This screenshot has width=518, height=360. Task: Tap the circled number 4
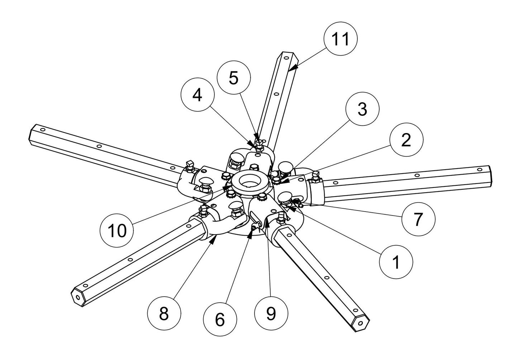[197, 95]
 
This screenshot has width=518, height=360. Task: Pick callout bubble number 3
[362, 109]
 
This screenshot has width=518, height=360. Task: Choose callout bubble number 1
[396, 262]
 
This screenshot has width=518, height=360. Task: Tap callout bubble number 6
[219, 318]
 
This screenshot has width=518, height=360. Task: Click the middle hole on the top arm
[276, 94]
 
